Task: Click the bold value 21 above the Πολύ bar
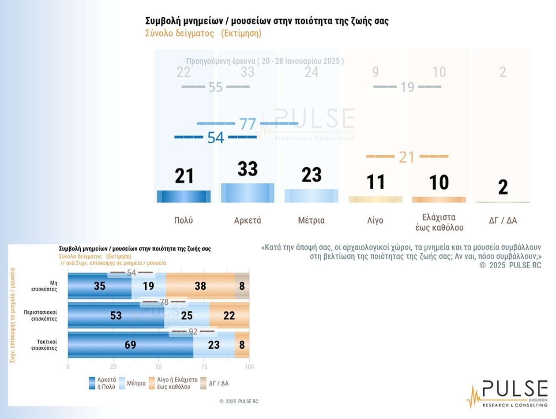pos(184,176)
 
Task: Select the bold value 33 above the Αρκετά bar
pos(248,169)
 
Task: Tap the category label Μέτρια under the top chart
pos(311,221)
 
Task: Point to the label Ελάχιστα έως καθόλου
pos(439,222)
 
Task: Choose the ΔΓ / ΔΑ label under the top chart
pos(503,221)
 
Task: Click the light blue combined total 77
pos(248,124)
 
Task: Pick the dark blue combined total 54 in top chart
pos(216,138)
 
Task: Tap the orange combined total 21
pos(406,157)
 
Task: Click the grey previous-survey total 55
pos(215,87)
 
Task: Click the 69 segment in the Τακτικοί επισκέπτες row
pos(130,344)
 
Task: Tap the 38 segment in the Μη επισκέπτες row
pos(200,286)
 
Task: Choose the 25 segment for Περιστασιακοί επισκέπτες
pos(187,315)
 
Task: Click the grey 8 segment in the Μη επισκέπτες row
pos(242,286)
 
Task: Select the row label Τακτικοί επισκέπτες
pos(44,344)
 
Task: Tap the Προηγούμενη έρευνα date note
pos(265,61)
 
